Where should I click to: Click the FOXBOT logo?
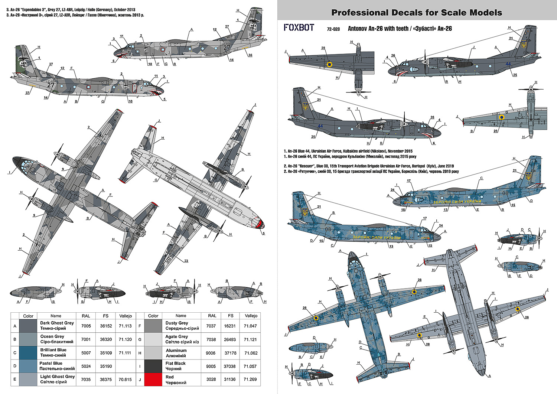[x=299, y=27]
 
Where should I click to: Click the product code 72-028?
[x=333, y=29]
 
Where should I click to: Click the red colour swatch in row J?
[x=153, y=379]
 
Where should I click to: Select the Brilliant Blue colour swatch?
[x=28, y=352]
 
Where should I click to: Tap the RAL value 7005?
[x=86, y=326]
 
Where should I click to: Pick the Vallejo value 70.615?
[x=125, y=379]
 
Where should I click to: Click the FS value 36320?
[x=106, y=339]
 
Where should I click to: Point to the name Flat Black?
[x=175, y=363]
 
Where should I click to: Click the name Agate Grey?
[x=176, y=336]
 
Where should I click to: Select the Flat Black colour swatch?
[x=153, y=366]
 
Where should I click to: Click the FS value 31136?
[x=231, y=379]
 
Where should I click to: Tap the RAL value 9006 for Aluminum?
[x=211, y=353]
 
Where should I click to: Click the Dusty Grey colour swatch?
[x=153, y=326]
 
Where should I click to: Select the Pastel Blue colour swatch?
[x=28, y=366]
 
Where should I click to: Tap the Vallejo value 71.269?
[x=251, y=379]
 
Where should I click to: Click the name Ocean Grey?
[x=52, y=336]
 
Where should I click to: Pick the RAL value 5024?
[x=86, y=366]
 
